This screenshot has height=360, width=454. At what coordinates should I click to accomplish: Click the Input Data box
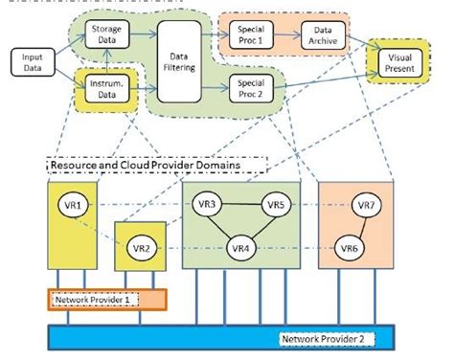click(33, 63)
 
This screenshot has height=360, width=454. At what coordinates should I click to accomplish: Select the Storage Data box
click(106, 35)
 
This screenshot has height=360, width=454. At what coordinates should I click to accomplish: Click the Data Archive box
click(321, 36)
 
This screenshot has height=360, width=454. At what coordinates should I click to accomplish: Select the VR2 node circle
click(140, 249)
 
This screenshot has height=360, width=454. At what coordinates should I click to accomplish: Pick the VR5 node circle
click(276, 205)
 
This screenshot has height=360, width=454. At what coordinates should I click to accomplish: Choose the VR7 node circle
click(366, 205)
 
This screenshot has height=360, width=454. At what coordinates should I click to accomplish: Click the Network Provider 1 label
click(94, 299)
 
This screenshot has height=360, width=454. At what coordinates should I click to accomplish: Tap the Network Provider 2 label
click(325, 338)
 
